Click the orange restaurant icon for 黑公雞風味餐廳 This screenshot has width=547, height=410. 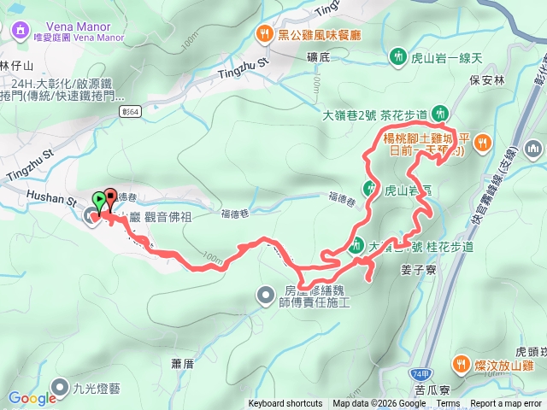[262, 34]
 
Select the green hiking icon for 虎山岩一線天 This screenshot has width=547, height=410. [397, 56]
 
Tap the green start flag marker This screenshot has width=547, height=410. [99, 202]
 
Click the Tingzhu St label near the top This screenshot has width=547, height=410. [251, 60]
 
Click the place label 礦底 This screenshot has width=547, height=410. [318, 57]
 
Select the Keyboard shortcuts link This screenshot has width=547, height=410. [285, 404]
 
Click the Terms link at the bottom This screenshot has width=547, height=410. [448, 404]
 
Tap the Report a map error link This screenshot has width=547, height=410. [507, 404]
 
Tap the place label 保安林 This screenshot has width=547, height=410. [511, 81]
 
